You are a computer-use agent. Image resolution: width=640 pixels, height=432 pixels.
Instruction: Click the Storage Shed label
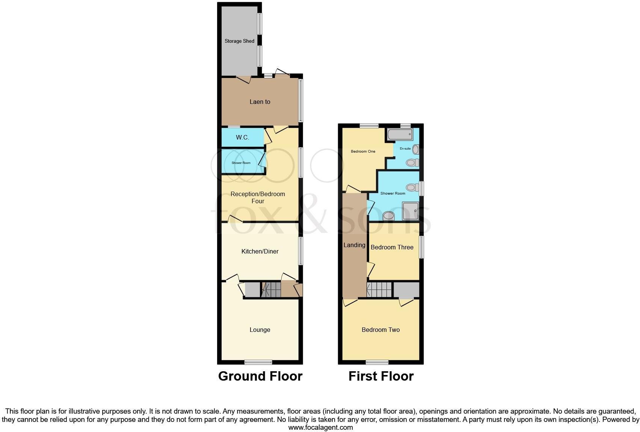point(239,41)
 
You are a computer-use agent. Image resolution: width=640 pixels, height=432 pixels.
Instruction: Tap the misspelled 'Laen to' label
point(260,102)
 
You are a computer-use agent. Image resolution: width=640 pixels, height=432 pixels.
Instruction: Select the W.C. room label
point(242,137)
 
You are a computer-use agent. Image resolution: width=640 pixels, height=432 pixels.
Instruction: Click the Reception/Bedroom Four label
point(258,197)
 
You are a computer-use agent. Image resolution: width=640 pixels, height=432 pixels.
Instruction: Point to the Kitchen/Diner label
point(260,251)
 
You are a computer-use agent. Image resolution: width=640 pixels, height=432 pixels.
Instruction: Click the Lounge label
point(260,330)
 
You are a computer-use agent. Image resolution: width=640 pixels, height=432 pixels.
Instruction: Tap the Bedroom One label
point(363,151)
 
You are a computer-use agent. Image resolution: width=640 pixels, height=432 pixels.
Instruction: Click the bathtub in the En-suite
point(399,134)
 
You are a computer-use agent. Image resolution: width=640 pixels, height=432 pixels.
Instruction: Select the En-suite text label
point(405,148)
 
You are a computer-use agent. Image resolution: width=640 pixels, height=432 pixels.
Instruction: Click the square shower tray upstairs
point(411,211)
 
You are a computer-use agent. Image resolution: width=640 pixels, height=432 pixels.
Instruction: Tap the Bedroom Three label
point(392,247)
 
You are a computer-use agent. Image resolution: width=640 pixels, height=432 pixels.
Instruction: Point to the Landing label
point(354,245)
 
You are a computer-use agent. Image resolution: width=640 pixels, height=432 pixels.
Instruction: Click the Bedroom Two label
point(380,330)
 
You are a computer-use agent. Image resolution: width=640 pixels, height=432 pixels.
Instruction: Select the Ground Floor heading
point(260,376)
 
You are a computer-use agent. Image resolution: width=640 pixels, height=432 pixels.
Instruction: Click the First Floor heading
point(380,376)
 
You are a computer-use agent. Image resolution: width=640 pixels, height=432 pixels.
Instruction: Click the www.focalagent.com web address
point(320,427)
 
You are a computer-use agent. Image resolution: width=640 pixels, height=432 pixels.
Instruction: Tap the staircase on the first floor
point(379,289)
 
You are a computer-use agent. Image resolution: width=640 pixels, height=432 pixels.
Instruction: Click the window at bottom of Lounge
point(258,362)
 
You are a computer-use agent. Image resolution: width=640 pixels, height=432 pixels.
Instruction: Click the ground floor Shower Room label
point(241,163)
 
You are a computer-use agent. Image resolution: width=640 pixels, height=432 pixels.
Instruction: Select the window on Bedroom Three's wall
point(421,247)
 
